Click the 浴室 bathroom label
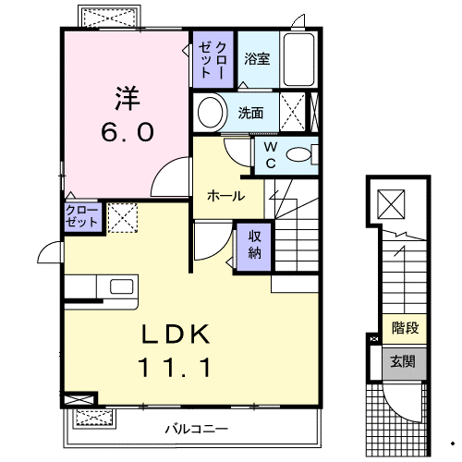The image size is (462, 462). [x=257, y=59]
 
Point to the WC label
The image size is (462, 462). [x=271, y=155]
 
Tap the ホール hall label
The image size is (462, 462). [x=226, y=196]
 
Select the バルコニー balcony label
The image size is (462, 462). [x=196, y=429]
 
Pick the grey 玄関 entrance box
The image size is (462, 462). [x=403, y=361]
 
